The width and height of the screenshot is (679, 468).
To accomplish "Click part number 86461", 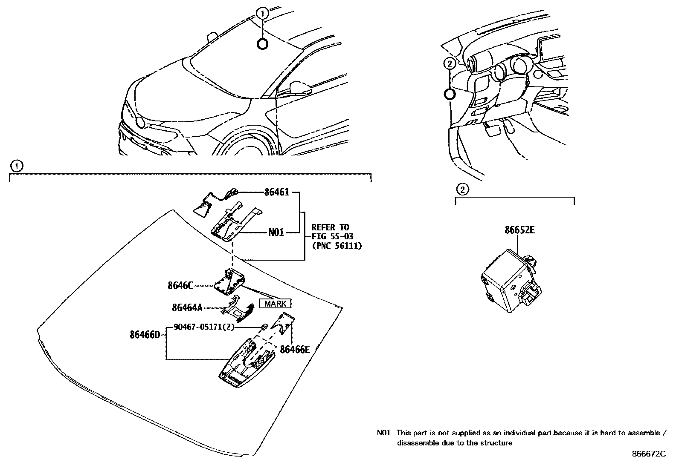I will (x=277, y=192).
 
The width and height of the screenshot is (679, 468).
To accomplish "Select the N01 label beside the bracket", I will (x=276, y=233).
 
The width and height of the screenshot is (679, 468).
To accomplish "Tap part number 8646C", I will (x=180, y=286).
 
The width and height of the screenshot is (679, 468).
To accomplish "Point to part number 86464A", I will (x=187, y=307).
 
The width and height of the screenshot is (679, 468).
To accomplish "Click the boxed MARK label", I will (x=276, y=304).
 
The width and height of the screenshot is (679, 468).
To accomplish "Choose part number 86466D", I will (x=145, y=335).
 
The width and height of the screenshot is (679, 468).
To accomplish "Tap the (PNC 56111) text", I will (x=337, y=246).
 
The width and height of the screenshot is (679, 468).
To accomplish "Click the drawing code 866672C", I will (x=648, y=454).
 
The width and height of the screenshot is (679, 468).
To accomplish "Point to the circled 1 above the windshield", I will (x=263, y=14).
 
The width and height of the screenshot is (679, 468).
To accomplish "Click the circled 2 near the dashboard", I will (x=449, y=64).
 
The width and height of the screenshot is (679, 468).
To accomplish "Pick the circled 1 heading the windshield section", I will (x=16, y=166).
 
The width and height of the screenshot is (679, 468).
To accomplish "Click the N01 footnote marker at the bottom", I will (x=383, y=433).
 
